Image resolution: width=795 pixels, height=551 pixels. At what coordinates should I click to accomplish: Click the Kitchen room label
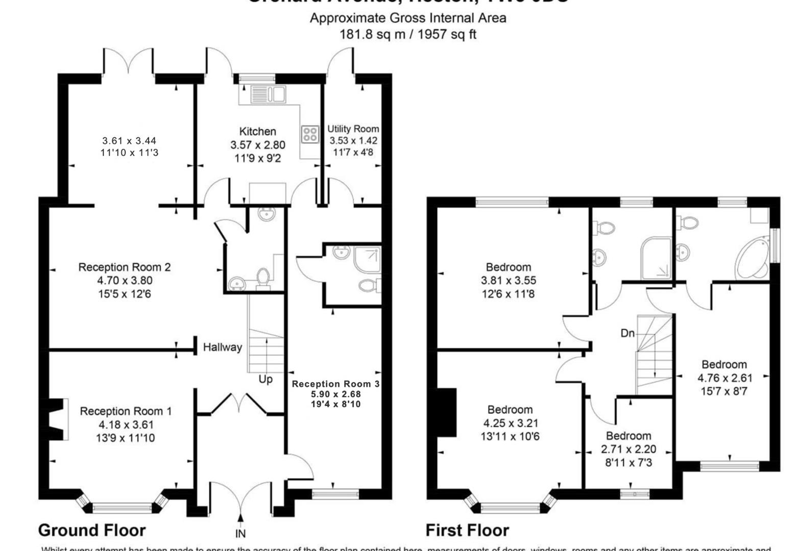(x=257, y=132)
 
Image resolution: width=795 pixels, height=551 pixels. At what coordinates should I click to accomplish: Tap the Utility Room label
(x=353, y=129)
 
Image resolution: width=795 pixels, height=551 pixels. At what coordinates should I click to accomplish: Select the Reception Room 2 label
(x=125, y=267)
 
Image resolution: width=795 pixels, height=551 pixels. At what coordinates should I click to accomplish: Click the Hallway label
(x=222, y=347)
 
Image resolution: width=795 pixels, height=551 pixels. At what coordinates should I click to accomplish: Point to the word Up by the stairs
(x=266, y=380)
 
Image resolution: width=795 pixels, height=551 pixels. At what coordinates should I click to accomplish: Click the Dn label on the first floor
(x=628, y=333)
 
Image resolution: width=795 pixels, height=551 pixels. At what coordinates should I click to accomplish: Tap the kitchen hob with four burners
(x=310, y=134)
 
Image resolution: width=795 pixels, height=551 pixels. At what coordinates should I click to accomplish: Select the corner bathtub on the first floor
(x=752, y=259)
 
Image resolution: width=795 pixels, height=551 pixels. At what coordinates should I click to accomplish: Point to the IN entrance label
(x=240, y=534)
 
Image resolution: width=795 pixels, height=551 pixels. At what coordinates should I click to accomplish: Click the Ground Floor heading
(x=92, y=531)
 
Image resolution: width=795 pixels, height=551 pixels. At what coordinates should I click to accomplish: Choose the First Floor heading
(x=467, y=531)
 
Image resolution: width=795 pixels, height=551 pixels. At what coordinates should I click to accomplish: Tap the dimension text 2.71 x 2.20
(x=628, y=449)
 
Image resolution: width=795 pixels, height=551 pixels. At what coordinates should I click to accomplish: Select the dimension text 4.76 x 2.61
(x=725, y=378)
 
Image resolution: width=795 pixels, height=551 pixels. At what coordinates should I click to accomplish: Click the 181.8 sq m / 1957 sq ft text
(x=408, y=35)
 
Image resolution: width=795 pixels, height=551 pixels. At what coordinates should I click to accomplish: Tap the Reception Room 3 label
(x=335, y=384)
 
